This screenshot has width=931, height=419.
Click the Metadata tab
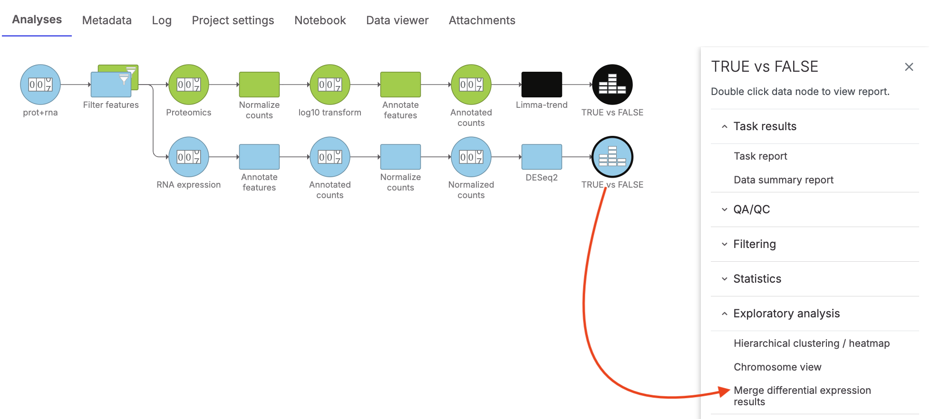pos(107,20)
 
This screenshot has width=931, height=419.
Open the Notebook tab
pos(320,20)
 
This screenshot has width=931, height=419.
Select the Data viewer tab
pos(397,20)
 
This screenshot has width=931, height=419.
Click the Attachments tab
pos(482,20)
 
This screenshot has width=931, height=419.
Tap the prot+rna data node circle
pos(40,85)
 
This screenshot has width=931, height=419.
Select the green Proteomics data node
pos(189,85)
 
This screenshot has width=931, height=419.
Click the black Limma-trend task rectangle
pos(542,85)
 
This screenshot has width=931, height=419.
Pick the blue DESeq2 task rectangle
pos(542,157)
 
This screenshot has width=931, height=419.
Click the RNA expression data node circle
pos(189,157)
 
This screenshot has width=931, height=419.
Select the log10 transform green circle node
pos(330,85)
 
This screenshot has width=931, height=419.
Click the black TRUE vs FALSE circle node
pos(612,85)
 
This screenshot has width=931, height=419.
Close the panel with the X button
pos(909,67)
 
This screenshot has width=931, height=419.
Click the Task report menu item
pos(760,156)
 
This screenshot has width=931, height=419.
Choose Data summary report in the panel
pos(783,180)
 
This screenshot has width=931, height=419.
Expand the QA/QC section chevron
pos(725,209)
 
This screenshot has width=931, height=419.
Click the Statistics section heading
pos(757,279)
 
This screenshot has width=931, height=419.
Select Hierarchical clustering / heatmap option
pos(811,343)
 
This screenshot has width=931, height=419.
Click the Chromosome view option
pos(777,367)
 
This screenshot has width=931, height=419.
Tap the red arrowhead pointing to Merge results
pos(724,391)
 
